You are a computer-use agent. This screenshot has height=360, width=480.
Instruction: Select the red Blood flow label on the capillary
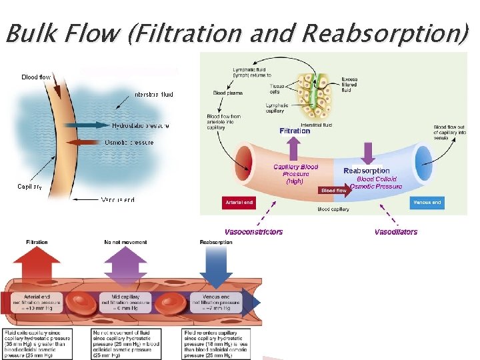333,190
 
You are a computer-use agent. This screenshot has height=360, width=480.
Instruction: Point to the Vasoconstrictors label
253,232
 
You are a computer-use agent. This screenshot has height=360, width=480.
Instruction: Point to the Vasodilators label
396,232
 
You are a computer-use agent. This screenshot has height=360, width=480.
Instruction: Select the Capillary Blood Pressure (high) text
295,173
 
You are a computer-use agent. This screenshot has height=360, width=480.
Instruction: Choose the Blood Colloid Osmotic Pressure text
377,183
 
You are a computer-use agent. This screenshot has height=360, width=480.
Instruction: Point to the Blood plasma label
227,93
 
